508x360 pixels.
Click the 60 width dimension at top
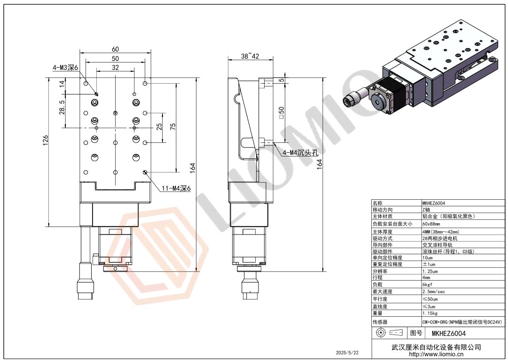click(115, 49)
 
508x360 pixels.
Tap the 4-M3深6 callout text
click(65, 68)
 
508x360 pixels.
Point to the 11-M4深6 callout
click(176, 189)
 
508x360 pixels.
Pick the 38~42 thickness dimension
click(250, 56)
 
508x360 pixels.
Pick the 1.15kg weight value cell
click(430, 313)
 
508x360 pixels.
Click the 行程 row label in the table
click(377, 278)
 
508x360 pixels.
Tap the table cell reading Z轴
click(426, 210)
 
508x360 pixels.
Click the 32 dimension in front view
click(115, 68)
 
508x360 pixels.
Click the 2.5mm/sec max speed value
click(434, 292)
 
